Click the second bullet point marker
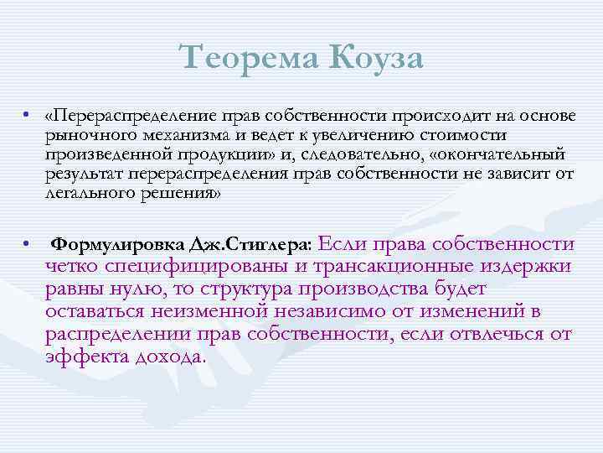tap(28, 243)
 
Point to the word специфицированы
tap(172, 267)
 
